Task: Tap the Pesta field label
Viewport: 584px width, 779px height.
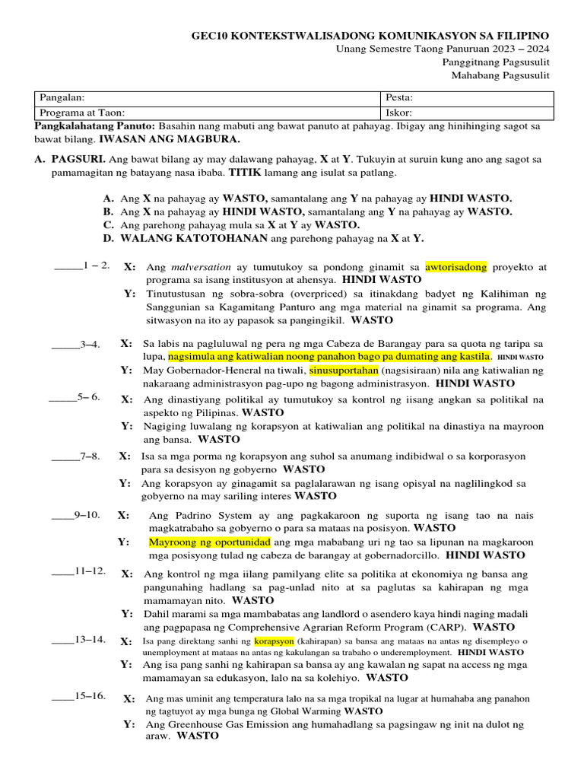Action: pos(400,98)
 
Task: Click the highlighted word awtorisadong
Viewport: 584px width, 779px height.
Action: pos(456,267)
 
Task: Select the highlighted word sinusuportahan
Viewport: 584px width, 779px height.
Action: pos(344,370)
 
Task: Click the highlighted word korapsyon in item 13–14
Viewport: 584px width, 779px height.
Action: pos(272,641)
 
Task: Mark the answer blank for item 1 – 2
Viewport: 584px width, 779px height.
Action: pos(68,267)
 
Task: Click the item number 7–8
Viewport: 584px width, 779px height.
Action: pos(87,456)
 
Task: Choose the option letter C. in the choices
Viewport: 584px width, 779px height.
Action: pos(109,225)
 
